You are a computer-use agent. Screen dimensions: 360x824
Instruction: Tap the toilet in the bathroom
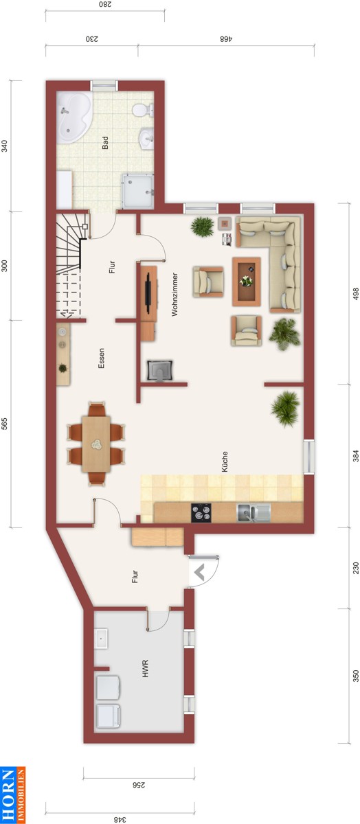pos(142,110)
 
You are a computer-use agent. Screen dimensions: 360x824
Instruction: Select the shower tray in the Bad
pos(137,192)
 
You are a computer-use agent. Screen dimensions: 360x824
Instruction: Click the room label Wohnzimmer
pos(175,294)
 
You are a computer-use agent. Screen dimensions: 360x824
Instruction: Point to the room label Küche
pos(225,461)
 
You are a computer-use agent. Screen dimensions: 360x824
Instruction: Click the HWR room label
pos(145,669)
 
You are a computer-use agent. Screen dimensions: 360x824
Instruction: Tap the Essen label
pos(101,358)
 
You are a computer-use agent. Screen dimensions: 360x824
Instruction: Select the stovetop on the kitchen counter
pos(201,512)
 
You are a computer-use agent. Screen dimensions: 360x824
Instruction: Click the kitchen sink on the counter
pos(254,513)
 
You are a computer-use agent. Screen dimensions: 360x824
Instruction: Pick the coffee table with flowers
pos(247,282)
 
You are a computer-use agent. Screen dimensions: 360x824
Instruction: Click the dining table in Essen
pos(96,444)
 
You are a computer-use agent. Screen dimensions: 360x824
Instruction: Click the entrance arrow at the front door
pos(199,573)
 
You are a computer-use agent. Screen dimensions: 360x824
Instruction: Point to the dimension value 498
pos(356,294)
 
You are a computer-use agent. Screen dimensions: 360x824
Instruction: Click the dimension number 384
pos(356,456)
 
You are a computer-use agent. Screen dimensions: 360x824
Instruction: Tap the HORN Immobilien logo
pos(12,794)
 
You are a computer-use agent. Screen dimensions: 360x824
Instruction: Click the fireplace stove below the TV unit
pos(160,370)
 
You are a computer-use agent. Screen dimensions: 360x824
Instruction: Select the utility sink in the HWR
pos(101,638)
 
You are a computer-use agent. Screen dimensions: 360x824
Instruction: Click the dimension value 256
pos(138,785)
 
